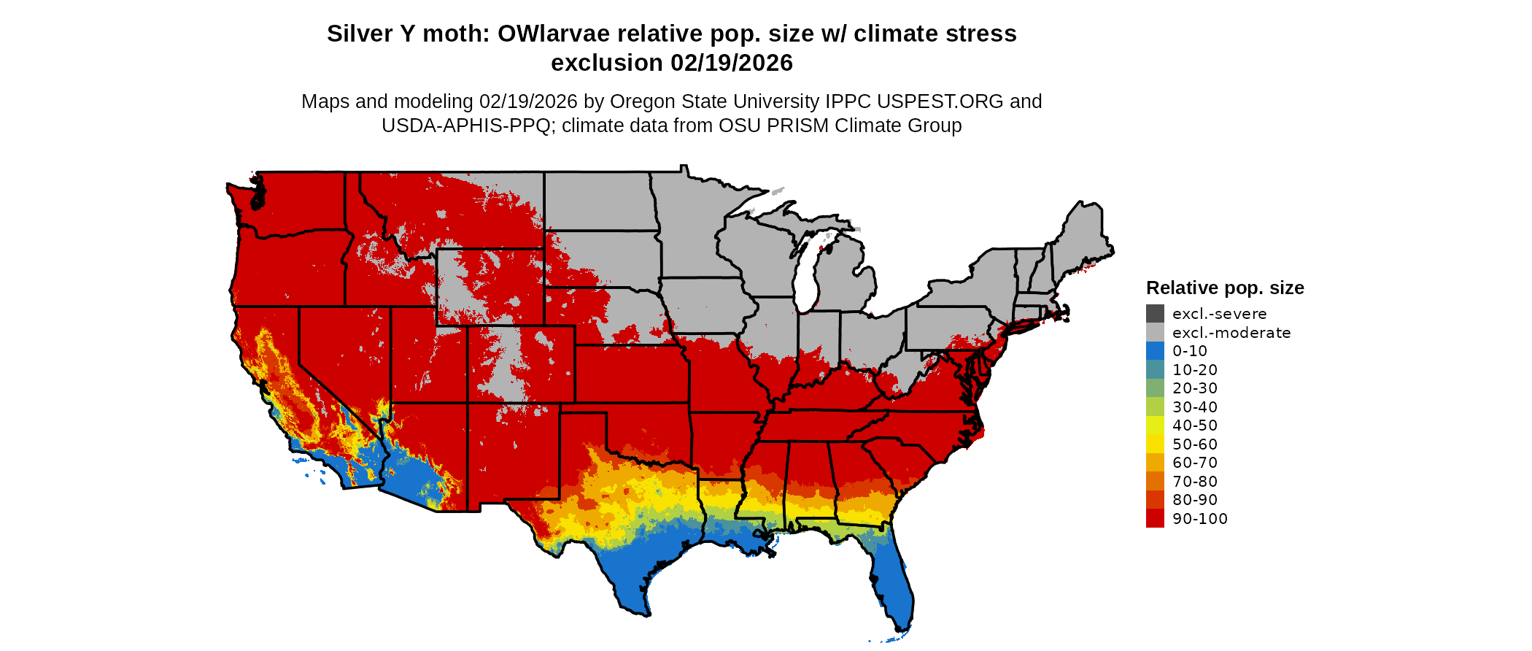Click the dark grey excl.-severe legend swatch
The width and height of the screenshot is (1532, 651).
(1155, 314)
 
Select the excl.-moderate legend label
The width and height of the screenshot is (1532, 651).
(1231, 333)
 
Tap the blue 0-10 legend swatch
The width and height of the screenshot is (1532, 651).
(1155, 351)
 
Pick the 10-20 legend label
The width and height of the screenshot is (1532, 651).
(1195, 370)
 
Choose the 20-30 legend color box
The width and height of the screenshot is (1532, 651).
(1155, 388)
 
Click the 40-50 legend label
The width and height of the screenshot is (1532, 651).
(1195, 425)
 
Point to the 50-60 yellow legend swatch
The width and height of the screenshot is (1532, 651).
(1155, 444)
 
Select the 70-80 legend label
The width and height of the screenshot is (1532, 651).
(1195, 482)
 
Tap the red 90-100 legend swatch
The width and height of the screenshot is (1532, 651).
(1155, 518)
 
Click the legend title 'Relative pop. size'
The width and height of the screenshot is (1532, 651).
(1225, 288)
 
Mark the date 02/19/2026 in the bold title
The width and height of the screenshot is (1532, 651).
(731, 63)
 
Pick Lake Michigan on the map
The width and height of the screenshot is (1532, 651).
(805, 277)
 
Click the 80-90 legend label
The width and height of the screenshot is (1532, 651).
(1195, 500)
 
